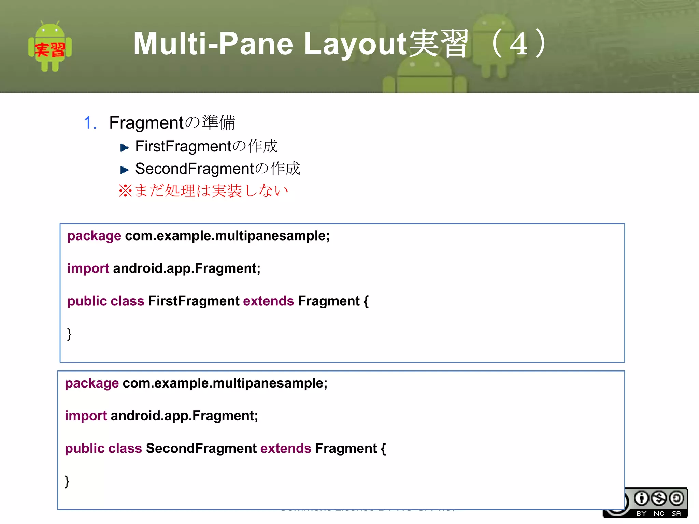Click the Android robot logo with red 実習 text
[x=50, y=46]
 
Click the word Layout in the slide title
[x=355, y=44]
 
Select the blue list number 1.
[x=89, y=123]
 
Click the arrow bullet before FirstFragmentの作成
[x=124, y=148]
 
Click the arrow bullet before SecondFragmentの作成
[x=124, y=170]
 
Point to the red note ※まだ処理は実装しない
[x=203, y=191]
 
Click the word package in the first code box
[x=94, y=236]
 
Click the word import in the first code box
[x=88, y=268]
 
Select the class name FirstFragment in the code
[x=194, y=301]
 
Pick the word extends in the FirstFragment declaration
[x=268, y=301]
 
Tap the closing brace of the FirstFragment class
[x=69, y=334]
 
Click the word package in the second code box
[x=92, y=383]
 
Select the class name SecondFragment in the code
[x=201, y=448]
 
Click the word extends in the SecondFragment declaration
[x=286, y=448]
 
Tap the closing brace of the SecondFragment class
[x=67, y=481]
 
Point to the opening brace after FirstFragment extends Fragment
[x=366, y=301]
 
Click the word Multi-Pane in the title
[x=213, y=44]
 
